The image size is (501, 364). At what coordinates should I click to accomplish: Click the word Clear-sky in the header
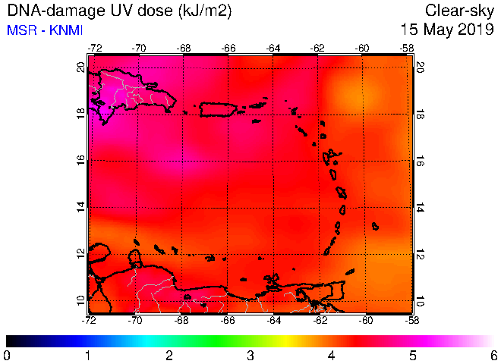(x=459, y=11)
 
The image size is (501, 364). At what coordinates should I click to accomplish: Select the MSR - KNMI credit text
(x=45, y=30)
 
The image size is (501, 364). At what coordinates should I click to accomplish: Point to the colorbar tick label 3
(x=250, y=355)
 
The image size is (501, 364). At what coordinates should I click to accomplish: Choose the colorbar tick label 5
(x=413, y=355)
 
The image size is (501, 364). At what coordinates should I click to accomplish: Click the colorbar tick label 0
(x=6, y=355)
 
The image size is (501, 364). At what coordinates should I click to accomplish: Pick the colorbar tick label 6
(x=494, y=355)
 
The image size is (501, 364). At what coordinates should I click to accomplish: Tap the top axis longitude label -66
(x=228, y=49)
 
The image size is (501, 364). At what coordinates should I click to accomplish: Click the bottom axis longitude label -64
(x=274, y=319)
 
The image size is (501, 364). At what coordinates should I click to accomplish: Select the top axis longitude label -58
(x=407, y=49)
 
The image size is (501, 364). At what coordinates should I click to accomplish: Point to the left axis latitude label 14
(x=81, y=207)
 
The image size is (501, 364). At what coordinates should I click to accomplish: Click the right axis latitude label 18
(x=419, y=115)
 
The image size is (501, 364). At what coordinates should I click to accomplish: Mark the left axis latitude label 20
(x=81, y=67)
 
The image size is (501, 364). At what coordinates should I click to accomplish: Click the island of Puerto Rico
(x=218, y=109)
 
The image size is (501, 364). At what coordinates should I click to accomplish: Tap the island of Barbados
(x=376, y=227)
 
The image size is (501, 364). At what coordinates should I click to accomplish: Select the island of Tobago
(x=350, y=271)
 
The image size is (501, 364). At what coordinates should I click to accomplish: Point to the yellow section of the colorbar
(x=286, y=341)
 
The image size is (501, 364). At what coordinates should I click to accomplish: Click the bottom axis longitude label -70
(x=135, y=319)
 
